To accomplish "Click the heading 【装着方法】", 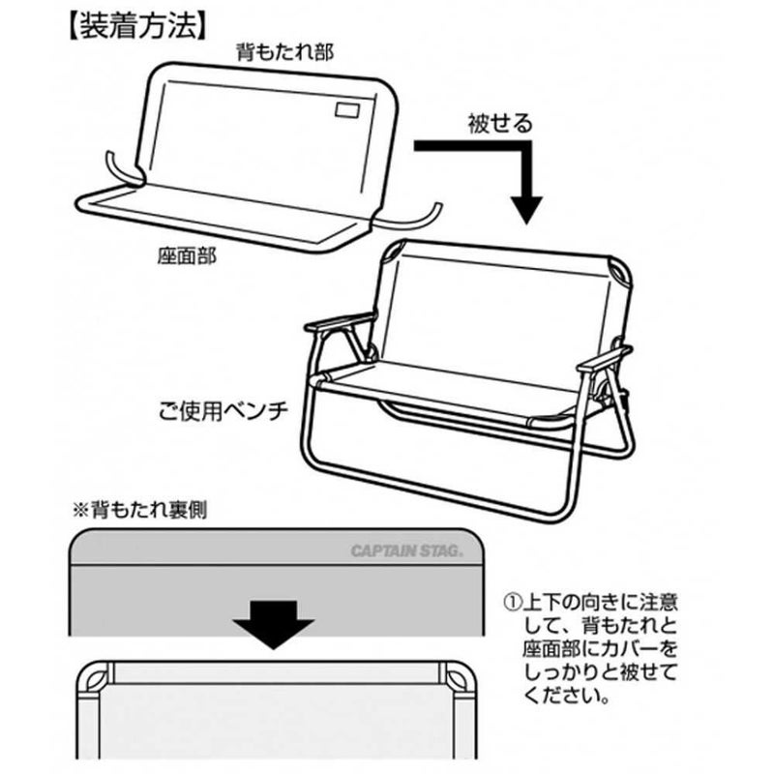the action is (x=135, y=27).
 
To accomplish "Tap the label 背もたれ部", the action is (x=285, y=52).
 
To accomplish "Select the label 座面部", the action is (x=187, y=256).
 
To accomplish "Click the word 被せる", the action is (x=500, y=124).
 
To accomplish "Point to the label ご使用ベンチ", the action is (x=223, y=411).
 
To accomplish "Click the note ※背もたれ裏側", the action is (x=139, y=511).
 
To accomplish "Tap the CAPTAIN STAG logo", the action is (x=406, y=551).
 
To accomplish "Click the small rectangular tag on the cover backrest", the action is (x=347, y=110).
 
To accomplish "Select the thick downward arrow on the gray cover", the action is (x=273, y=624).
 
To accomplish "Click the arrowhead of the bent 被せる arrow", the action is (x=526, y=210).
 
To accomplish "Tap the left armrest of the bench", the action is (x=341, y=321).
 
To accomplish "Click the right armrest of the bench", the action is (x=604, y=359).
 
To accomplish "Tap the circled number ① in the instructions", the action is (x=512, y=602).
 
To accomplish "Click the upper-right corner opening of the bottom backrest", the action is (x=458, y=676).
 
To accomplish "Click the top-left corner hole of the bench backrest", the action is (x=396, y=251).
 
